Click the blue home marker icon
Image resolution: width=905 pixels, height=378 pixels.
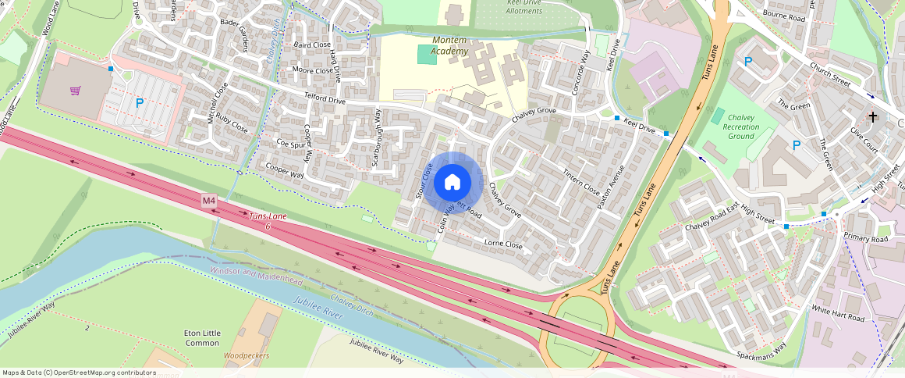(x=452, y=183)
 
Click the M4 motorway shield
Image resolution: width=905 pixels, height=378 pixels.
(x=208, y=201)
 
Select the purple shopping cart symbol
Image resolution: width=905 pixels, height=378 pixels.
(x=75, y=91)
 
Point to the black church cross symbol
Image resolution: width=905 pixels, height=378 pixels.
(x=873, y=117)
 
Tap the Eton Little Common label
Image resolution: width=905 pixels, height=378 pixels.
(x=202, y=338)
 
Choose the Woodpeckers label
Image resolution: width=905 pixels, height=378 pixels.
(x=246, y=355)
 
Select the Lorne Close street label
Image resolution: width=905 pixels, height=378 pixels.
(x=503, y=244)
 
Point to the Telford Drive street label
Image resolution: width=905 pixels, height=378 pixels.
(x=325, y=100)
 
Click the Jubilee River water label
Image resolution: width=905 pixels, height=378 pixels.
(x=319, y=311)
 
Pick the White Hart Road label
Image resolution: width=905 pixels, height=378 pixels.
(x=838, y=314)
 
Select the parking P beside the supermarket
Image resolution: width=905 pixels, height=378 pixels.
(x=140, y=102)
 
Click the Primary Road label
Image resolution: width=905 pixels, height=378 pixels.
(x=866, y=239)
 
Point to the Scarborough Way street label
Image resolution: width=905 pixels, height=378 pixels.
(x=376, y=137)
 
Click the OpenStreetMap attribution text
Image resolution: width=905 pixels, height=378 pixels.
(x=79, y=373)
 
